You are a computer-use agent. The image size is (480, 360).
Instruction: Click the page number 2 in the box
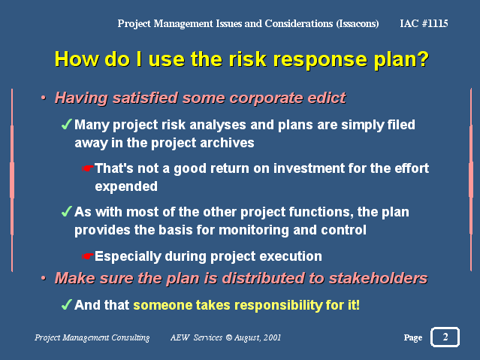click(445, 337)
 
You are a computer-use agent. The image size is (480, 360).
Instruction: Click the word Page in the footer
click(413, 337)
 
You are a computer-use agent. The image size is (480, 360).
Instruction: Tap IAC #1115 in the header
click(424, 23)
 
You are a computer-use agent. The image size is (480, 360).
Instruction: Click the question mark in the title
click(422, 59)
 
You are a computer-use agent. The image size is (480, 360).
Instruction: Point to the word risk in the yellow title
click(248, 59)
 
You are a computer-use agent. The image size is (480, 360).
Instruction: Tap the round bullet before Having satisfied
click(44, 98)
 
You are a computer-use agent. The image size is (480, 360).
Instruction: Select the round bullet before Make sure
click(44, 278)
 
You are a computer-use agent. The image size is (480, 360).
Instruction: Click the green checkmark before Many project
click(66, 124)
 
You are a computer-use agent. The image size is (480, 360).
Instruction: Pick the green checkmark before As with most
click(66, 211)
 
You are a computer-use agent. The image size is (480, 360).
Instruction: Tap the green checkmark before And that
click(66, 304)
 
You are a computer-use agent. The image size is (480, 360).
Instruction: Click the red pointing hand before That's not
click(88, 168)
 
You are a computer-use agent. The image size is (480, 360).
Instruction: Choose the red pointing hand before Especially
click(88, 256)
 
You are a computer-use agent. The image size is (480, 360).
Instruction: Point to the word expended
click(126, 186)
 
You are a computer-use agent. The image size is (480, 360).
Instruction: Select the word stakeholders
click(379, 278)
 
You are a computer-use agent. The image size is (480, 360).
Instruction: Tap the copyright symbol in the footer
click(228, 337)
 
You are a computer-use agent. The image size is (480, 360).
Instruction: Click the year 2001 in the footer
click(272, 337)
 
